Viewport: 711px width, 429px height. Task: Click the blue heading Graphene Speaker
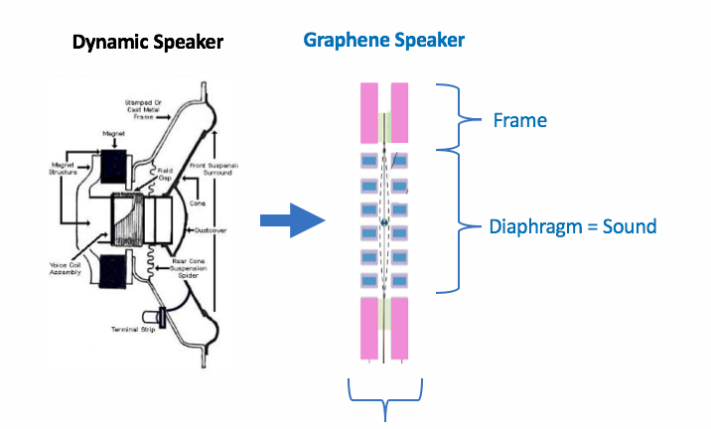pyautogui.click(x=384, y=41)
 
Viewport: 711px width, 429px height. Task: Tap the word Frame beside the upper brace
pyautogui.click(x=519, y=120)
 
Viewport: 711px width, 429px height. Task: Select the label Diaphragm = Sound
pyautogui.click(x=573, y=226)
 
